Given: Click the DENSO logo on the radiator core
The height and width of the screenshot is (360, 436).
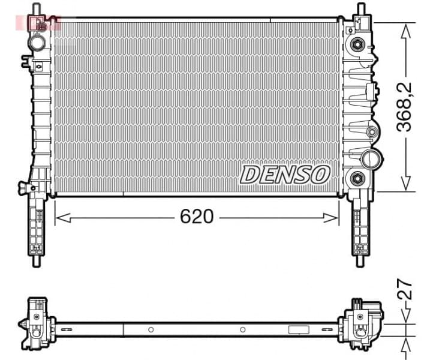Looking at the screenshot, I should [285, 175].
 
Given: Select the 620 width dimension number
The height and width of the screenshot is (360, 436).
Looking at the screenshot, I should [197, 217].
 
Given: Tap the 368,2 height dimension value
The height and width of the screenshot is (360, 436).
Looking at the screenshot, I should [407, 107].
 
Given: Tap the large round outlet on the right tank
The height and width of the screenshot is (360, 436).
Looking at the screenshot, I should [371, 158].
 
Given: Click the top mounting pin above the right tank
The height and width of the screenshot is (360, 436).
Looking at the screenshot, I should [360, 10].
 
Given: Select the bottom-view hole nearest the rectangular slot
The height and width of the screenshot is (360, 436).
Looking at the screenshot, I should [242, 329].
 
